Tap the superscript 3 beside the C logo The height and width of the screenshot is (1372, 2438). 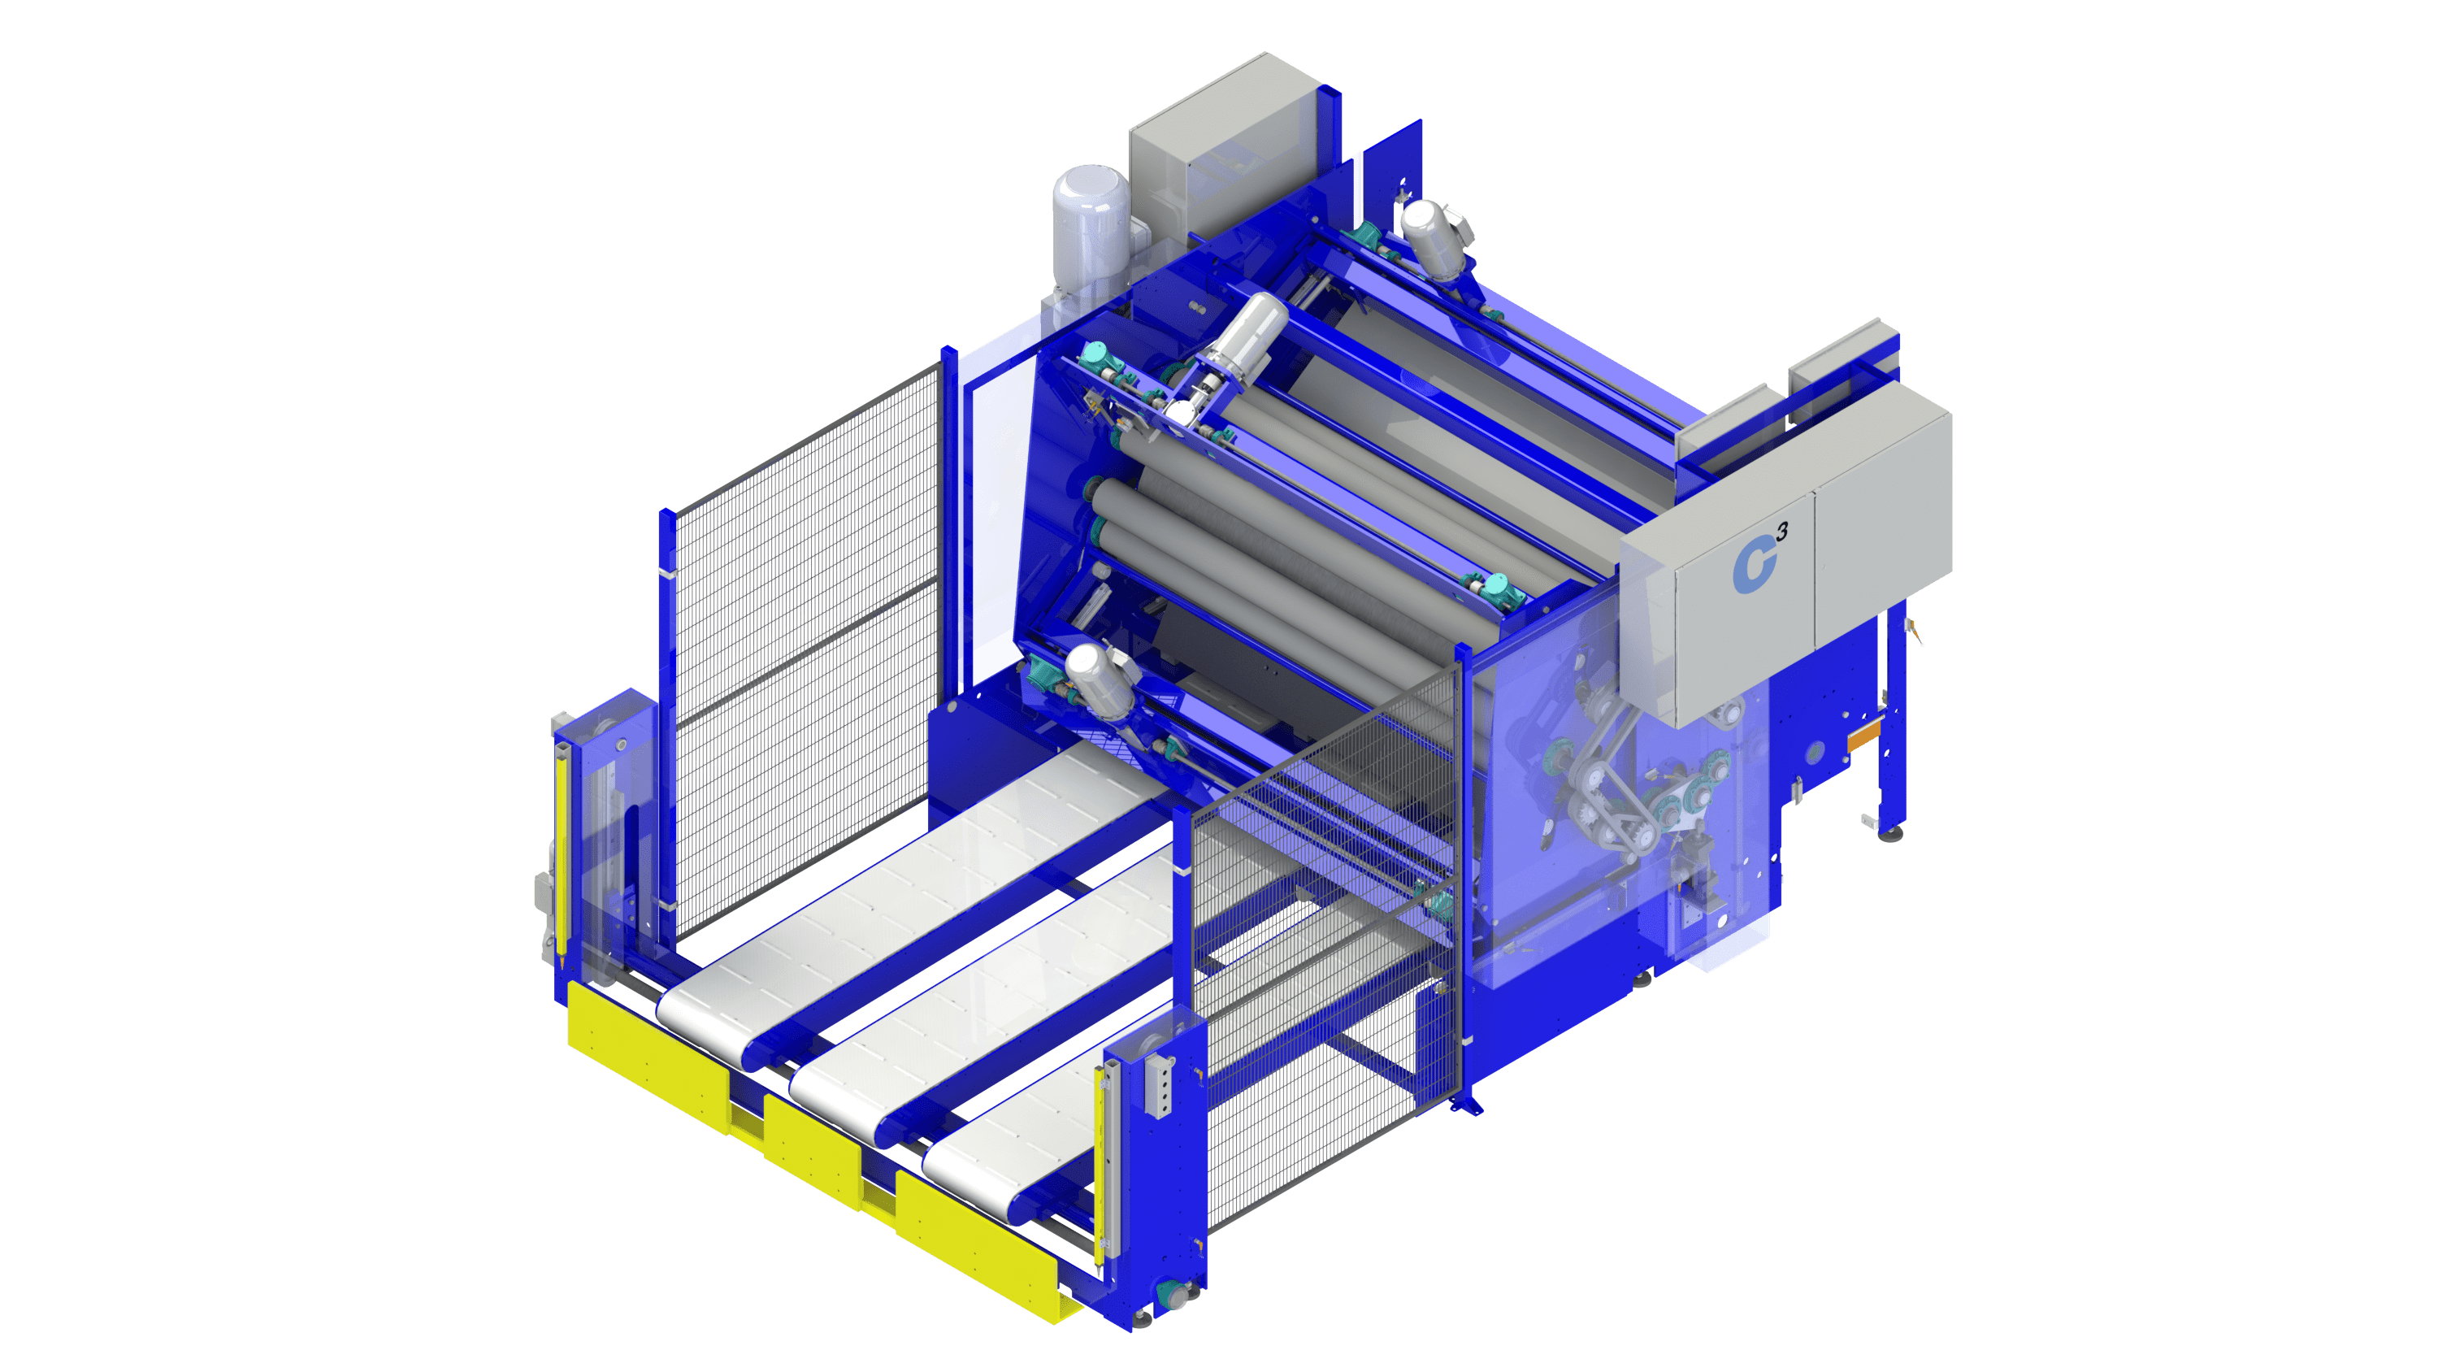1782,532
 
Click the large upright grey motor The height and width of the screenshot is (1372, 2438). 1091,228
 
